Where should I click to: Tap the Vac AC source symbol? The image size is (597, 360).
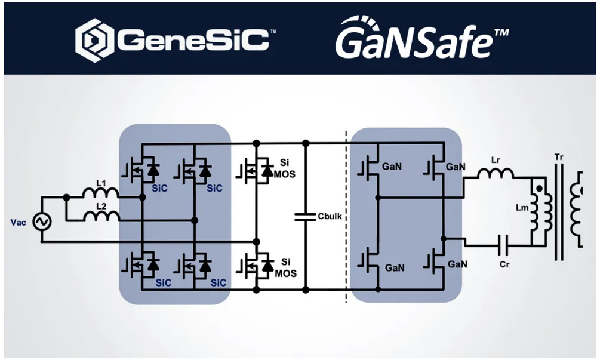pos(42,221)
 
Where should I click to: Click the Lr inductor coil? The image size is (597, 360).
pos(496,174)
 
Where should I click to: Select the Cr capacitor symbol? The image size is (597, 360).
pos(505,243)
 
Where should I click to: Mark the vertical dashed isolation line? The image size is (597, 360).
pos(346,215)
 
